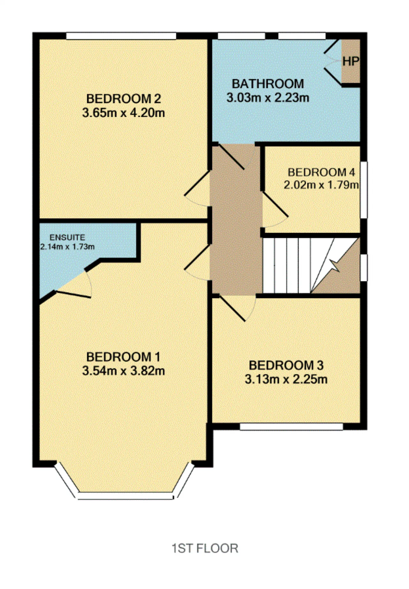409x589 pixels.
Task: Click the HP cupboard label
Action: pyautogui.click(x=351, y=61)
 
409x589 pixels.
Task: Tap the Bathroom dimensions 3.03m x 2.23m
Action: pyautogui.click(x=268, y=98)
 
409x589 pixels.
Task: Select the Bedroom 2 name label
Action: pyautogui.click(x=123, y=99)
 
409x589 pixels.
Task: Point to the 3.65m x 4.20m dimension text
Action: pyautogui.click(x=123, y=113)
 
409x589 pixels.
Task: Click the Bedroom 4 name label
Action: pyautogui.click(x=321, y=172)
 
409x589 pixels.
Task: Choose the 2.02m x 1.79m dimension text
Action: pyautogui.click(x=321, y=185)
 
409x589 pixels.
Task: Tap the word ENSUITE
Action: pyautogui.click(x=67, y=237)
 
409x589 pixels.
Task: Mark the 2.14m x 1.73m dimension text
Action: pyautogui.click(x=67, y=247)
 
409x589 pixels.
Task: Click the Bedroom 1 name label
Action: pyautogui.click(x=123, y=356)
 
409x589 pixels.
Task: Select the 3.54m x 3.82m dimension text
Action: pyautogui.click(x=123, y=371)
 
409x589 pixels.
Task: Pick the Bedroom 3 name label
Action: pyautogui.click(x=286, y=365)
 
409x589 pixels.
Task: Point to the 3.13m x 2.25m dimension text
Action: pyautogui.click(x=286, y=379)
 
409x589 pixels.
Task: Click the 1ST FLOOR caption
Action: pyautogui.click(x=205, y=548)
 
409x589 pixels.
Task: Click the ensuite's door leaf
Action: pyautogui.click(x=73, y=294)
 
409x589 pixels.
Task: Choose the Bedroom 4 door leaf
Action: pyautogui.click(x=275, y=204)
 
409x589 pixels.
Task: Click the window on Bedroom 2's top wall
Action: pyautogui.click(x=121, y=36)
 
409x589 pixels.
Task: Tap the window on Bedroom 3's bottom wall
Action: pyautogui.click(x=291, y=427)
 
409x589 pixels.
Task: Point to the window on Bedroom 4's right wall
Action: pyautogui.click(x=364, y=190)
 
